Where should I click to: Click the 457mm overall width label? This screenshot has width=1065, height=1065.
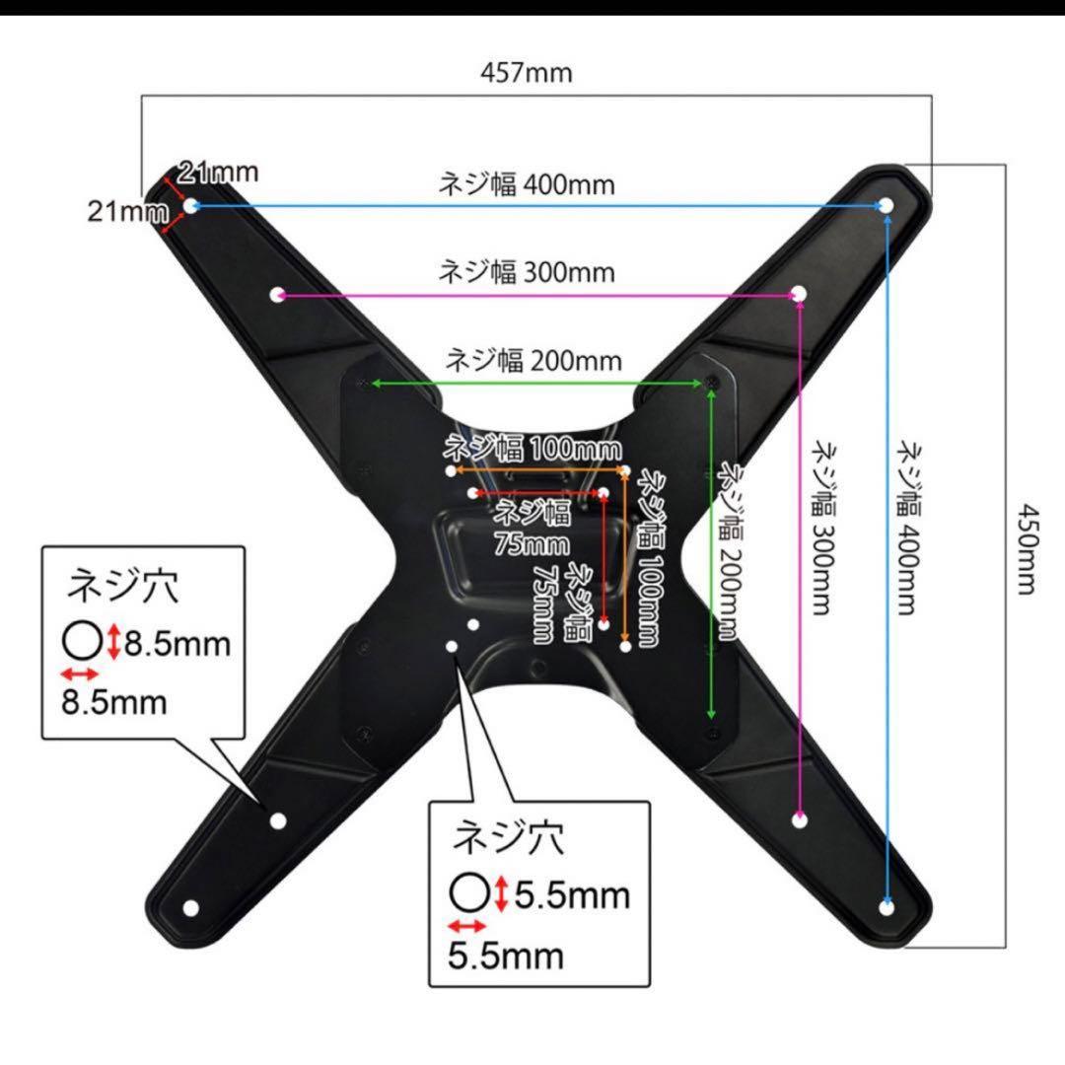[x=527, y=72]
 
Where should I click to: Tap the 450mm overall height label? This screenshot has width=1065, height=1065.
[x=1027, y=549]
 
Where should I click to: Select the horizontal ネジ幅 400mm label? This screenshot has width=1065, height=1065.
[x=527, y=184]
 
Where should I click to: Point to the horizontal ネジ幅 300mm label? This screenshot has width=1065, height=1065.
[x=527, y=271]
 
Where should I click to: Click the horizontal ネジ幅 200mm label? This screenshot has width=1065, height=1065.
[x=533, y=360]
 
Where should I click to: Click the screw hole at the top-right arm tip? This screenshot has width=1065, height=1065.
[x=885, y=205]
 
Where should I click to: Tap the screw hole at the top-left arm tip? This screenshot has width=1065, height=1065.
[x=193, y=205]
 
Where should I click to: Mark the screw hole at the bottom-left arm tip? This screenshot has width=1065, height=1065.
[x=191, y=907]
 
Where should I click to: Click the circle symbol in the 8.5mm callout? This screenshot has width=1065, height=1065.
[x=82, y=643]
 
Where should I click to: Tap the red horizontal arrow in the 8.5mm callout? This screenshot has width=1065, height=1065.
[x=80, y=674]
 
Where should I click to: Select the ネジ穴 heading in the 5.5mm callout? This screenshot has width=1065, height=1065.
[x=508, y=839]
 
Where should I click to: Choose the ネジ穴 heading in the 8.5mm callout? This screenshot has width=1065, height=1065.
[x=122, y=588]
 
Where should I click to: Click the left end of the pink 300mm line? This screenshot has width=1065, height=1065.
[x=277, y=295]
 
